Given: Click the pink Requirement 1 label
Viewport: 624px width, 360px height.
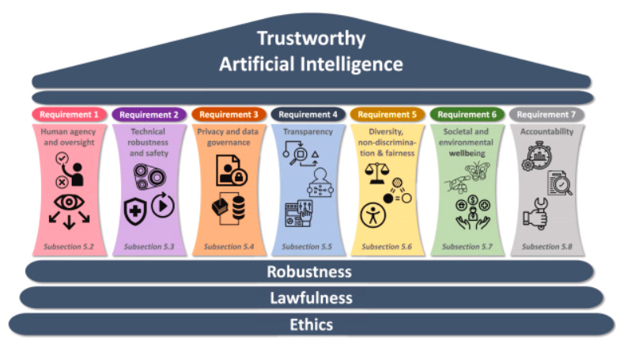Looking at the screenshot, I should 70,114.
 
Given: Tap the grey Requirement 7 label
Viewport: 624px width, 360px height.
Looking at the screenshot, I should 546,114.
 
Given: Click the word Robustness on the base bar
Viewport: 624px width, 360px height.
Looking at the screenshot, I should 308,271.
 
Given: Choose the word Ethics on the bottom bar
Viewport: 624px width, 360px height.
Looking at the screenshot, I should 311,324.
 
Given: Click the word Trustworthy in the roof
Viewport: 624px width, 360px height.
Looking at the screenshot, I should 311,38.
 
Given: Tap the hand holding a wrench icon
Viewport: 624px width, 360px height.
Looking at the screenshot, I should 535,215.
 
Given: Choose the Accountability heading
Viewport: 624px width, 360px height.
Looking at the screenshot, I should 547,131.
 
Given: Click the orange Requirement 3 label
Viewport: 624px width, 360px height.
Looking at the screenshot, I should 229,114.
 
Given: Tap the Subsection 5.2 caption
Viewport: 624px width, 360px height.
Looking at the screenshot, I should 69,246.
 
